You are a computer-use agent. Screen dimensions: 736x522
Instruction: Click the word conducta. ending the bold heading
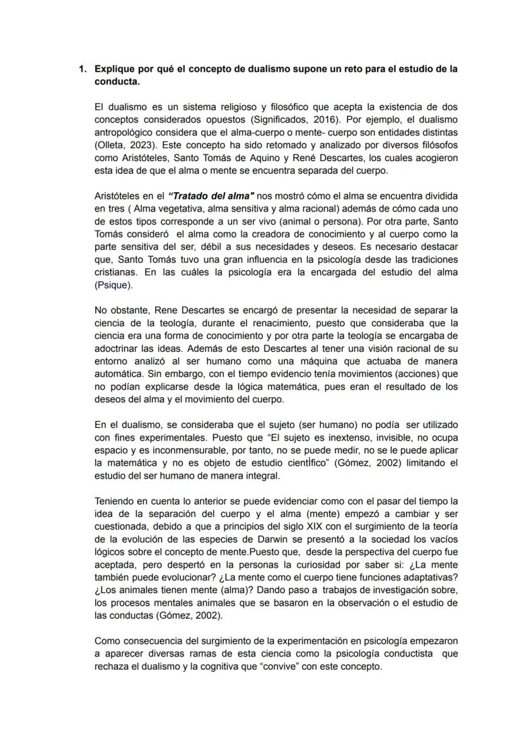(x=117, y=81)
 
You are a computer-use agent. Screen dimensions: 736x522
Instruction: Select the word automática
(x=118, y=373)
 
